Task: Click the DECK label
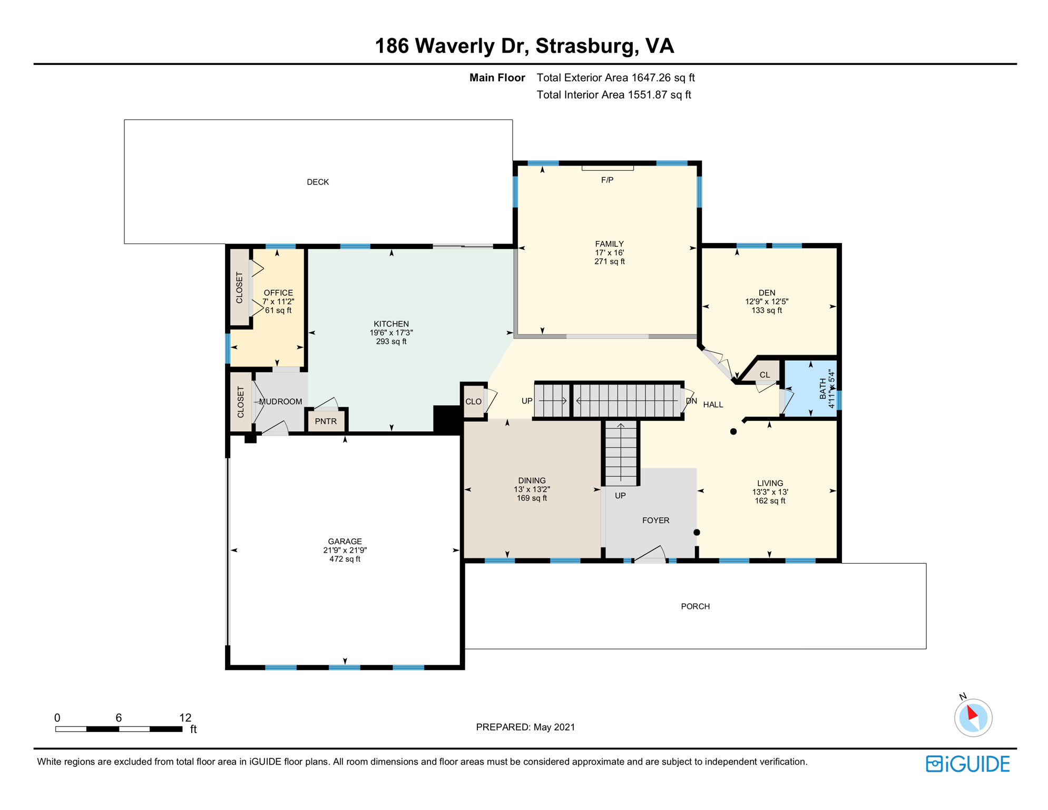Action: [x=318, y=182]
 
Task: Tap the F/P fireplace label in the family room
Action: [x=607, y=180]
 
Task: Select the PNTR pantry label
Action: [x=326, y=421]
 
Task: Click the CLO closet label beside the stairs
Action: [x=473, y=402]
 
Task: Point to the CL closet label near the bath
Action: [x=765, y=375]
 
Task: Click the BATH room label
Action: [x=823, y=389]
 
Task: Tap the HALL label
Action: [x=713, y=404]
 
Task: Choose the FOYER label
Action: [x=655, y=520]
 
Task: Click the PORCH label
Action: [x=695, y=606]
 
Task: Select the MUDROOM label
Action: [x=280, y=402]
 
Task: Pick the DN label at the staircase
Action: [x=691, y=401]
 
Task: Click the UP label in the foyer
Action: [x=620, y=496]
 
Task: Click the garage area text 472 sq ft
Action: [x=345, y=559]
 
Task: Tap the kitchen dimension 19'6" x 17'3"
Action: [x=391, y=333]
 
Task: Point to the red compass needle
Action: [x=972, y=714]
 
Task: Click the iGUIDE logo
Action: [x=967, y=764]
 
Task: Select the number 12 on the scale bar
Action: [x=185, y=718]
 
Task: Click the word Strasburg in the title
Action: [x=584, y=46]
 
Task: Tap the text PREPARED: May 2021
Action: [x=525, y=727]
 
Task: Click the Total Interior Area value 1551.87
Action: [x=647, y=95]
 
